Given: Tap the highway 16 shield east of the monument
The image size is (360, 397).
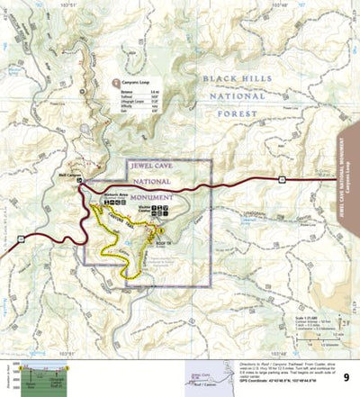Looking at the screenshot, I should (282, 179).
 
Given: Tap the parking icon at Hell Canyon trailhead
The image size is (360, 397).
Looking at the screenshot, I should (79, 180).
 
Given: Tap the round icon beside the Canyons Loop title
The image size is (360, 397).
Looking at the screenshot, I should (114, 82).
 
